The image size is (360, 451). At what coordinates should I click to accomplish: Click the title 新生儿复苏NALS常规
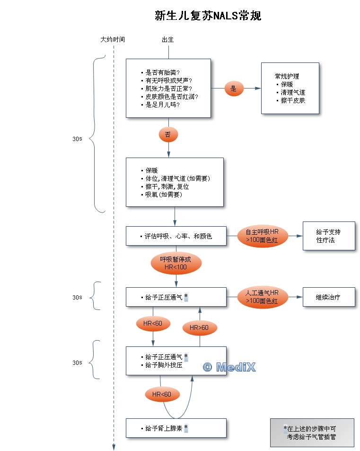(x=208, y=16)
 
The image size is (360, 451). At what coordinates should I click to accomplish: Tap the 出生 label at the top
(x=168, y=40)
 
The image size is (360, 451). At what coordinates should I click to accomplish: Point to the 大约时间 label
(x=113, y=40)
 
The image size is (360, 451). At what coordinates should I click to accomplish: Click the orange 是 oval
(x=233, y=88)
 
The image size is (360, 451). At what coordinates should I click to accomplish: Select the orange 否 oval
(x=168, y=134)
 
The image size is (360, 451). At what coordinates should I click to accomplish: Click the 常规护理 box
(x=290, y=88)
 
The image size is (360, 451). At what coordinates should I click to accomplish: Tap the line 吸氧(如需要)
(x=164, y=195)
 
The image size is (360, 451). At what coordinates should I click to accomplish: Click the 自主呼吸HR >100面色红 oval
(x=262, y=236)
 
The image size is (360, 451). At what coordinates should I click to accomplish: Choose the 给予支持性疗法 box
(x=328, y=236)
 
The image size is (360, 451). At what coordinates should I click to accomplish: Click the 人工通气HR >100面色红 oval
(x=262, y=297)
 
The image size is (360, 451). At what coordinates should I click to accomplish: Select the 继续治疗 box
(x=328, y=297)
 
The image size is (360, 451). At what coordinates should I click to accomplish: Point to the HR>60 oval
(x=199, y=327)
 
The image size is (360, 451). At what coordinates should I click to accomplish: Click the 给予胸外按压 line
(x=164, y=365)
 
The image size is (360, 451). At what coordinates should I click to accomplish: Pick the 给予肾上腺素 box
(x=176, y=428)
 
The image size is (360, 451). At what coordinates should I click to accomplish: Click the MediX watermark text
(x=229, y=367)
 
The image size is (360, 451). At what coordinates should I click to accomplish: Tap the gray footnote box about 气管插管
(x=312, y=433)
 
